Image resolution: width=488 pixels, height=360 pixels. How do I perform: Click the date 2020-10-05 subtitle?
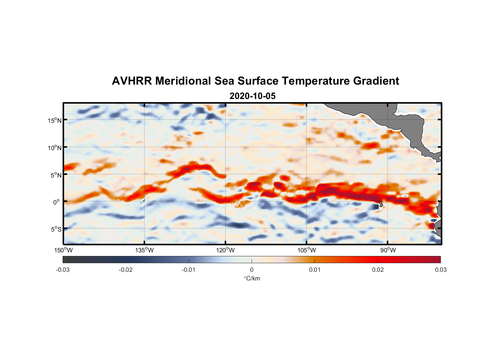point(252,96)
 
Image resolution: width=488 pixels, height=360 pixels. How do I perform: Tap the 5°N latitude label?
point(56,175)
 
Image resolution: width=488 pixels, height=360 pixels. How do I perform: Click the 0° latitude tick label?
point(57,202)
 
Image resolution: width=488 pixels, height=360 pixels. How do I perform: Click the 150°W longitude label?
point(64,250)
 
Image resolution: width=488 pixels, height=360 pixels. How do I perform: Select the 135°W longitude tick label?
point(145,250)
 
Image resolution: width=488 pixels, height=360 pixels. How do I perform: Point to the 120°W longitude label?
point(226,250)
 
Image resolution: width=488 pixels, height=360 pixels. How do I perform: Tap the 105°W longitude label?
point(307,250)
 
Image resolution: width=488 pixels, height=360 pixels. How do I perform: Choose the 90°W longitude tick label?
point(388,250)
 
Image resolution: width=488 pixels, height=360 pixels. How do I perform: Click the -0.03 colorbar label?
point(63,270)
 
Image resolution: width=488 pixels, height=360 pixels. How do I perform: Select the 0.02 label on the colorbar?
point(378,270)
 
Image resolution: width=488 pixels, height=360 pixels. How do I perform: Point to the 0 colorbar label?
point(252,270)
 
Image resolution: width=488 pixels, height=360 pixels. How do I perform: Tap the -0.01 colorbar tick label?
point(189,270)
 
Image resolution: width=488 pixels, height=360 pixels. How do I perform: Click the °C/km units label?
point(252,278)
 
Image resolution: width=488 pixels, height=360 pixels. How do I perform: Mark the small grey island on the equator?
point(380,204)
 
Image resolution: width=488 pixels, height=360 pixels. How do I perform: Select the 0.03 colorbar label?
point(440,270)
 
